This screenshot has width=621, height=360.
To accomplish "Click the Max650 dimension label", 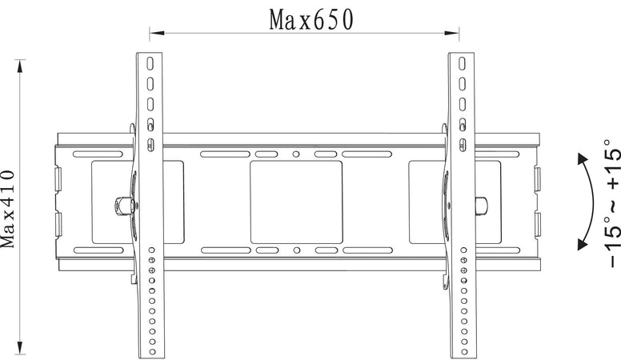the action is [x=310, y=20].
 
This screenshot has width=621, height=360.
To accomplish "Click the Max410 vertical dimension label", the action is [x=8, y=209].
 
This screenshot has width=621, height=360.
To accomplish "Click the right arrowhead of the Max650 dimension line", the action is [x=452, y=34].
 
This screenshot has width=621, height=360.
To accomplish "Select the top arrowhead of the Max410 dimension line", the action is [x=20, y=66].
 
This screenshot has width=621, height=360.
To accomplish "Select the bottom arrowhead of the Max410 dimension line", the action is [x=20, y=347].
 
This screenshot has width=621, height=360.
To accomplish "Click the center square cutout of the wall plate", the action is [x=296, y=202].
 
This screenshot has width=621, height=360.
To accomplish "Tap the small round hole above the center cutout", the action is [x=296, y=154].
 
